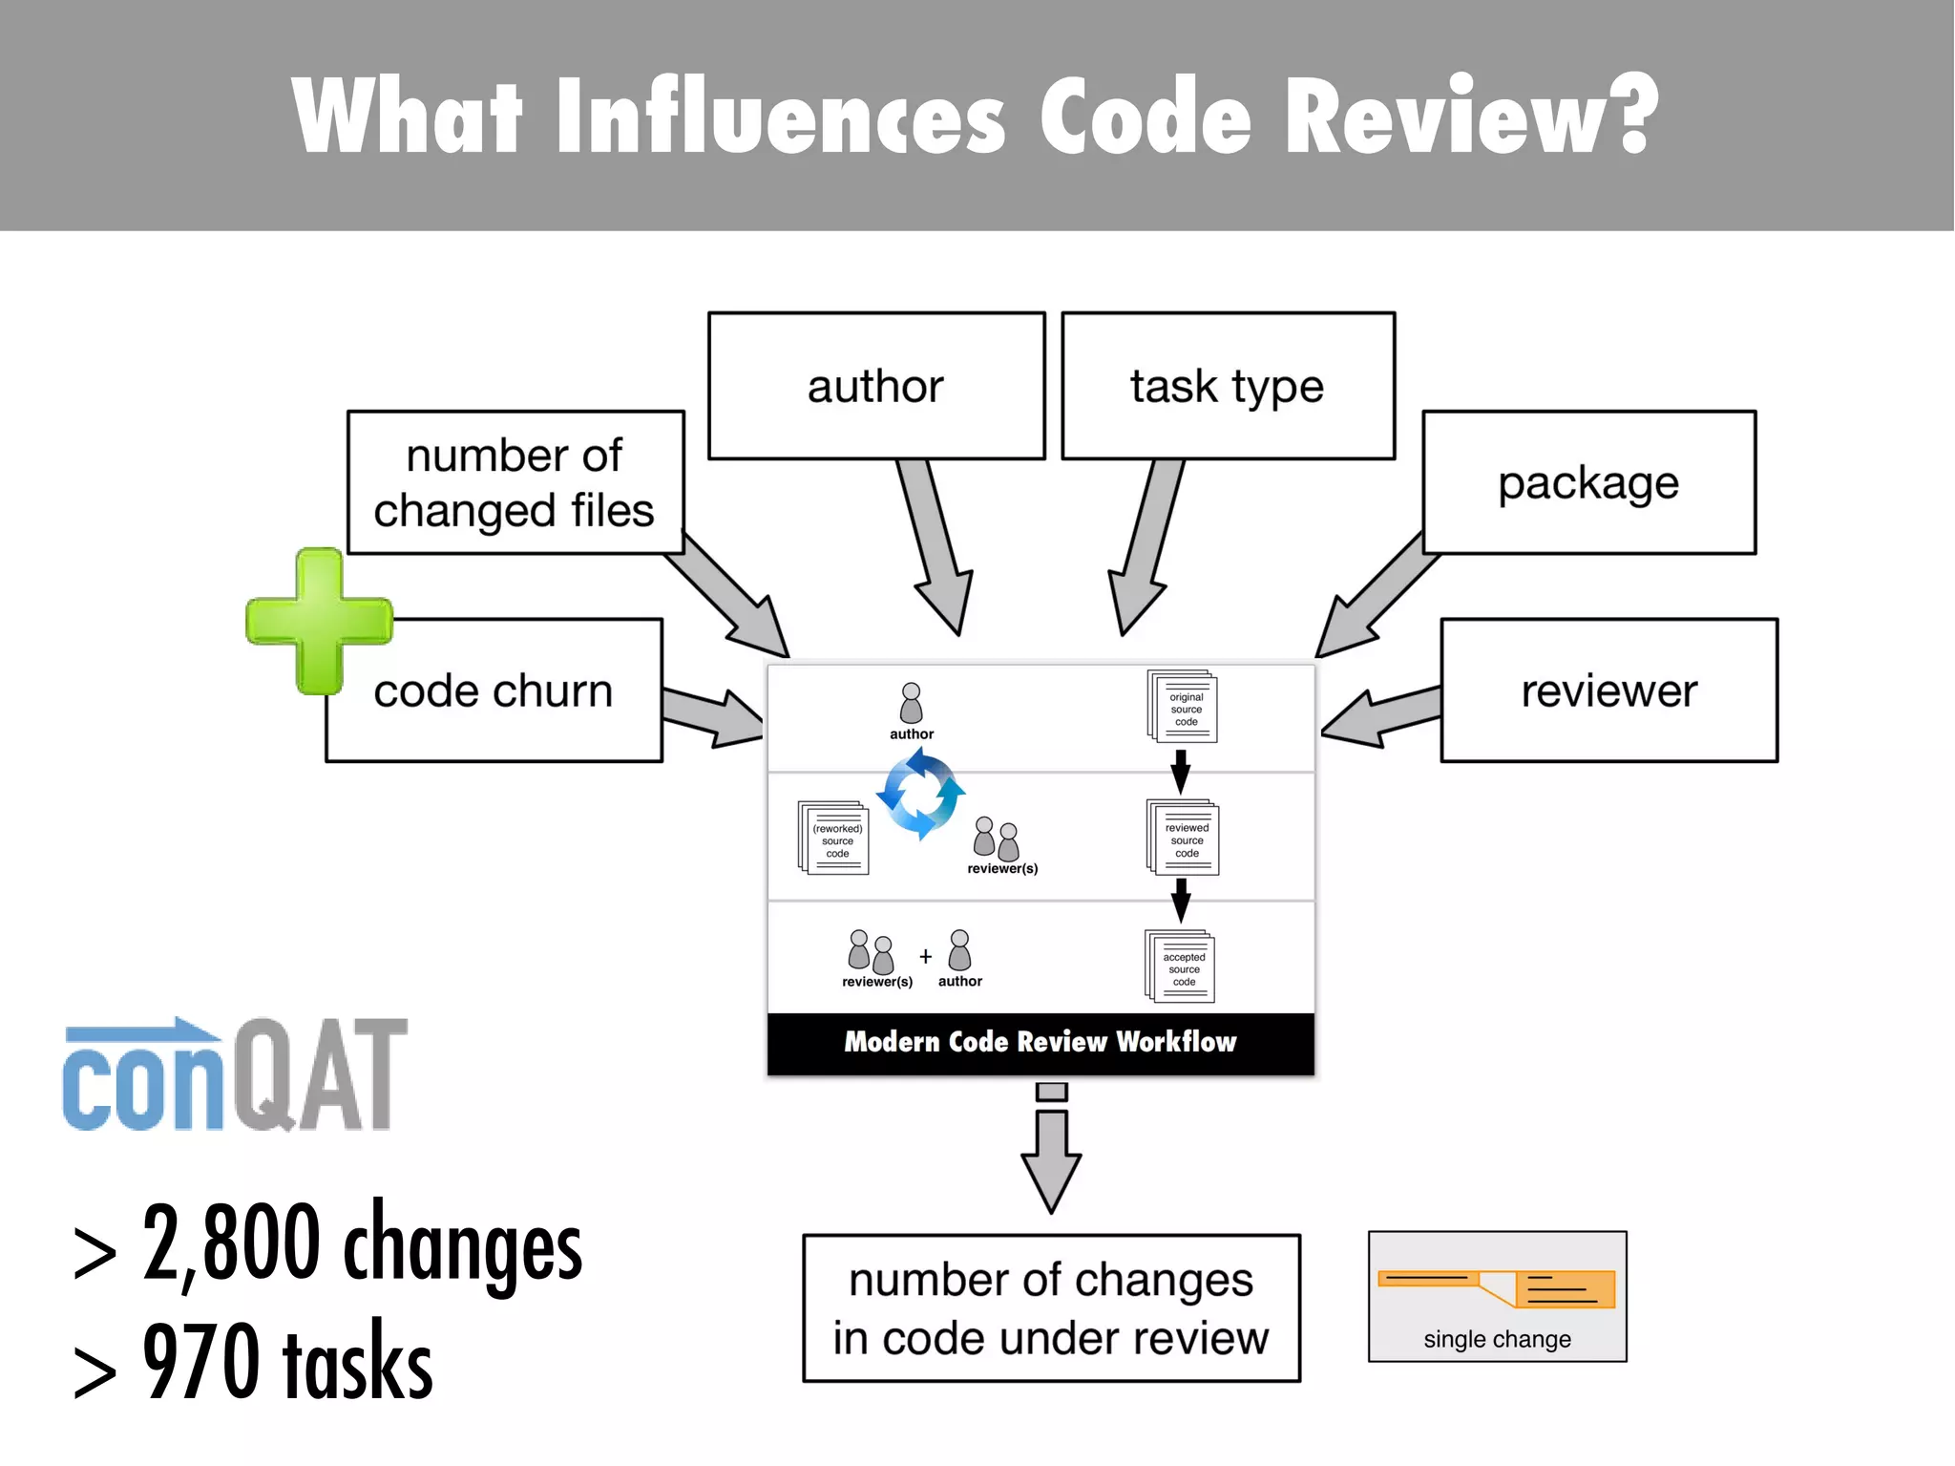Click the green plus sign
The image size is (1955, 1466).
319,621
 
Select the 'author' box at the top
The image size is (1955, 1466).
875,386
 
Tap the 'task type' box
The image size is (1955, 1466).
1228,386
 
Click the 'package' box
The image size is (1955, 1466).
1588,482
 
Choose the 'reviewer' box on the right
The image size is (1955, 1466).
1609,691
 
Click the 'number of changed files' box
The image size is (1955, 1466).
515,482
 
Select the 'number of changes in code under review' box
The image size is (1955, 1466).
1051,1307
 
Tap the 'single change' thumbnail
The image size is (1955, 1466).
1497,1296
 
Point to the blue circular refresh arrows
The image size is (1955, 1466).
920,794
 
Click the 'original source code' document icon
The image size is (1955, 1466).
1183,708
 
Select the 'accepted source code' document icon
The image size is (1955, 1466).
1181,967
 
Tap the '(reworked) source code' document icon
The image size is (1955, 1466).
834,839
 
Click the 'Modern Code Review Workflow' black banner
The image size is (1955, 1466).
1041,1042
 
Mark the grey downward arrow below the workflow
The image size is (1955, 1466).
1051,1150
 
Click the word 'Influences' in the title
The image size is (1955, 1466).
781,117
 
